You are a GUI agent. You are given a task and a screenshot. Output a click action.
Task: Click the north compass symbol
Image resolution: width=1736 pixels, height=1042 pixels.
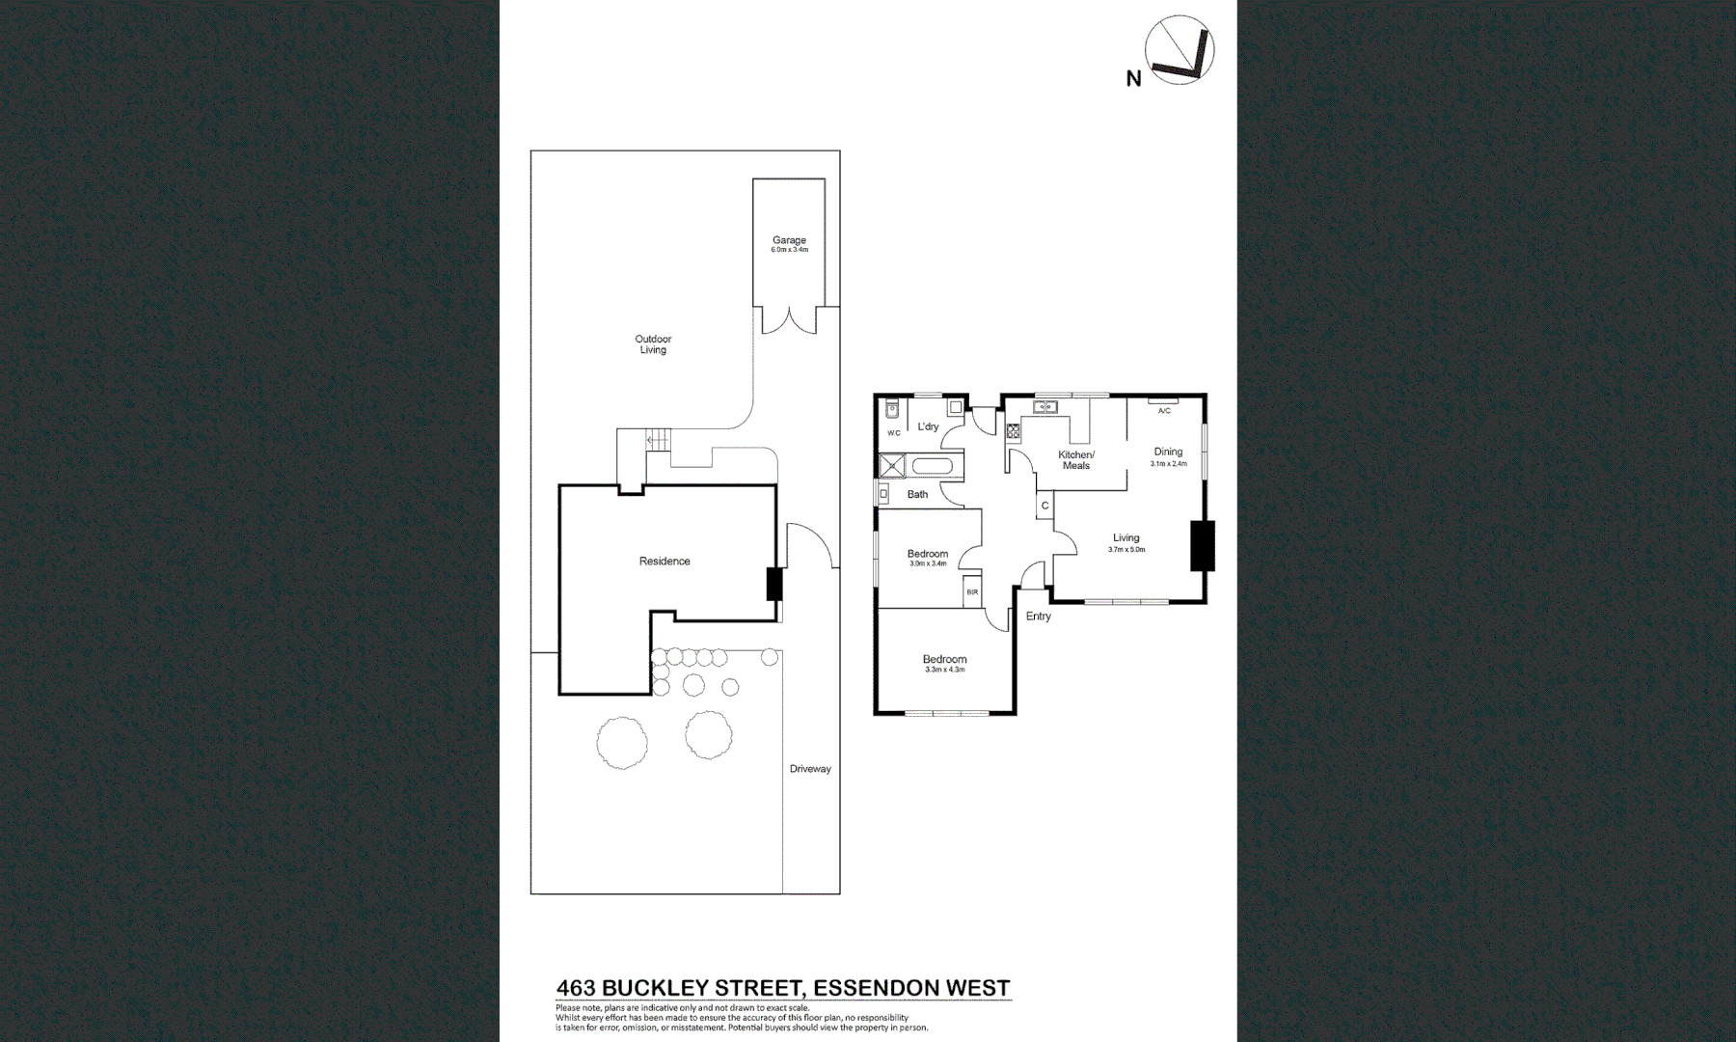tap(1179, 49)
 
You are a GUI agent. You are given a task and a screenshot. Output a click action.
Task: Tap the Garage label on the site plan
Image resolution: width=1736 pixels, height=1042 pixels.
tap(788, 240)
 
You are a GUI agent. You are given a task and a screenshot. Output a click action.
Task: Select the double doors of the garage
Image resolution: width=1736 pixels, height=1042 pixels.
tap(789, 320)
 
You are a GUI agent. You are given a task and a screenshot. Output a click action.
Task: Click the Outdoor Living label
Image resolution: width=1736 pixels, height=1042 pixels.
tap(653, 344)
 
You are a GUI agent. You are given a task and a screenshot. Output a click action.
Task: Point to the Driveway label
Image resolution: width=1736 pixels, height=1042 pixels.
tap(810, 769)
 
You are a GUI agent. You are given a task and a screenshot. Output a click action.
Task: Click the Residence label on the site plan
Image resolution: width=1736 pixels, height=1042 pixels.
tap(665, 562)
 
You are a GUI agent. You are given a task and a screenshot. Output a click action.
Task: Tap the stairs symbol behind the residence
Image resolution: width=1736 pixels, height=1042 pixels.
tap(657, 441)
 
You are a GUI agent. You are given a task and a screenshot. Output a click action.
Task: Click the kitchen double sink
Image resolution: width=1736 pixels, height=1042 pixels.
tap(1044, 408)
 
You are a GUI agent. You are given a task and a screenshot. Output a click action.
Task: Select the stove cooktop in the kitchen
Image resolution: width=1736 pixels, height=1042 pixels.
tap(1014, 431)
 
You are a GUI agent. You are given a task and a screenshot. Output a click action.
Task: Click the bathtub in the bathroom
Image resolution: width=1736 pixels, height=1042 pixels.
tap(932, 468)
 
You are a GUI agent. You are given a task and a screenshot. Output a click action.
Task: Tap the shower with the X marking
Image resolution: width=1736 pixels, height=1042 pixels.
tap(892, 467)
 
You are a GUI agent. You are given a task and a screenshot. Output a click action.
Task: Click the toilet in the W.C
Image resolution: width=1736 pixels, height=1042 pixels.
tap(892, 409)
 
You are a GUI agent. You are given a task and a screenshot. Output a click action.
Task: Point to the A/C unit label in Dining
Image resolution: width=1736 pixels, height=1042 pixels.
tap(1164, 411)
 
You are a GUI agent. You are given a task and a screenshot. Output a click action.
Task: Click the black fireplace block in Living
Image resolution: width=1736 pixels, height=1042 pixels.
tap(1202, 545)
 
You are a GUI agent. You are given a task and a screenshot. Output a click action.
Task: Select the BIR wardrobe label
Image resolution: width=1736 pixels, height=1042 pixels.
tap(972, 592)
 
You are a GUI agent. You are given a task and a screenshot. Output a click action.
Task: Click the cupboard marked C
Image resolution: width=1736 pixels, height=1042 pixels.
tap(1044, 506)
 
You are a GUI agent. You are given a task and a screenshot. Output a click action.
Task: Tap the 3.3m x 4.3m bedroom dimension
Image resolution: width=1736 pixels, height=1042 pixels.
tap(944, 670)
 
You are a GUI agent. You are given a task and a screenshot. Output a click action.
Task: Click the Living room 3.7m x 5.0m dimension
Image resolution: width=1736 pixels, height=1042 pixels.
tap(1126, 550)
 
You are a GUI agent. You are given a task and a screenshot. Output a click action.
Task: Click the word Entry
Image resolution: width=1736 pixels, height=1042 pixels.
tap(1039, 617)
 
